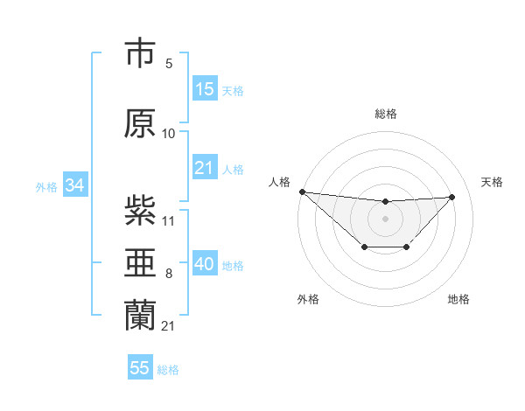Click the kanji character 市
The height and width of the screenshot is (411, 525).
click(x=140, y=54)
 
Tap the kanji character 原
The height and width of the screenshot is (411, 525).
click(x=140, y=124)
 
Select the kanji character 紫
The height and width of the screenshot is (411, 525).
click(x=140, y=212)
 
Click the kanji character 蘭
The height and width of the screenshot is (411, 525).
click(x=140, y=316)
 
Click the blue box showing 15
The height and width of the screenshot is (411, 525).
click(x=205, y=89)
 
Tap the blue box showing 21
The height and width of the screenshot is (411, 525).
click(x=205, y=168)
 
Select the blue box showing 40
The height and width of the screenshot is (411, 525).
click(x=205, y=264)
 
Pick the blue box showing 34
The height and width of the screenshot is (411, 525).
click(x=74, y=185)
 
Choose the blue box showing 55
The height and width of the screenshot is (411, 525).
click(x=140, y=368)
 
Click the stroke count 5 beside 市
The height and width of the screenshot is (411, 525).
click(x=169, y=64)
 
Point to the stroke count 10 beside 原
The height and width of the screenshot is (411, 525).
click(x=169, y=134)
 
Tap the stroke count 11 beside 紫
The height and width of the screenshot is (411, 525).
click(x=169, y=221)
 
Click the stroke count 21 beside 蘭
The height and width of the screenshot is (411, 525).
click(x=169, y=326)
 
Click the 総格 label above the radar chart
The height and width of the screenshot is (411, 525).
click(x=385, y=114)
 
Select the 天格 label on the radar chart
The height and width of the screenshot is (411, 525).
click(x=492, y=182)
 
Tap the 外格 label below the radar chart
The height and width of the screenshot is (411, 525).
click(x=308, y=300)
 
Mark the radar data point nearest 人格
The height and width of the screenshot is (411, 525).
click(x=302, y=192)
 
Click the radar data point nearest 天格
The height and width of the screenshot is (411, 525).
click(x=452, y=197)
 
